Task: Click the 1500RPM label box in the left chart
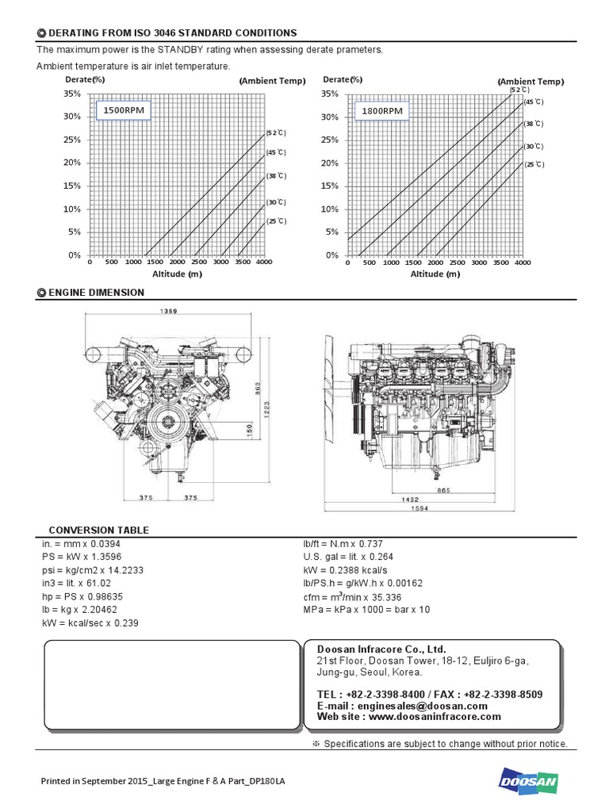[124, 110]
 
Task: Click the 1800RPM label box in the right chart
[382, 111]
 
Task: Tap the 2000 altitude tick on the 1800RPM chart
[435, 262]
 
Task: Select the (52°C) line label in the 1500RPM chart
[275, 132]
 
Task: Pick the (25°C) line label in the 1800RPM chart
[534, 164]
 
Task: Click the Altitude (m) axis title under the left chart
[178, 274]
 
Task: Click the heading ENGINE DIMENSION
[96, 293]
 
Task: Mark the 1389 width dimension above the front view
[169, 312]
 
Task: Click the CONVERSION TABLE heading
[98, 530]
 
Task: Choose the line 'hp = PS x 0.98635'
[82, 596]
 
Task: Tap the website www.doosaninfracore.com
[408, 717]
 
